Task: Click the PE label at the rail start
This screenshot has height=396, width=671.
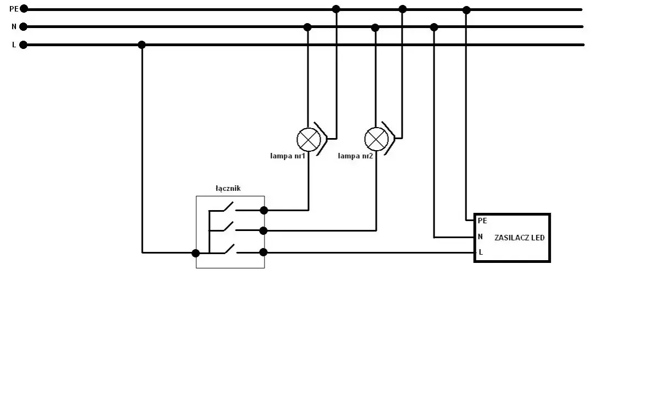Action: tap(14, 9)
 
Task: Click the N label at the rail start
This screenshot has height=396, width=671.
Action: tap(14, 26)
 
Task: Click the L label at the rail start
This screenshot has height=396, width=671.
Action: tap(14, 45)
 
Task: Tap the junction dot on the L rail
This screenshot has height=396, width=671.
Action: tap(142, 45)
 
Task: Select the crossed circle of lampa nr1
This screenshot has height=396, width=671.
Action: tap(309, 140)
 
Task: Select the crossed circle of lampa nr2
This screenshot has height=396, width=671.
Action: tap(376, 139)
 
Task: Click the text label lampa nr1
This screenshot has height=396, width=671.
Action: tap(288, 156)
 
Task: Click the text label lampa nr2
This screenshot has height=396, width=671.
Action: tap(355, 156)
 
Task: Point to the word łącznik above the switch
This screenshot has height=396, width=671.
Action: tap(228, 189)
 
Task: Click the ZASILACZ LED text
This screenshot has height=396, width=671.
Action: tap(519, 238)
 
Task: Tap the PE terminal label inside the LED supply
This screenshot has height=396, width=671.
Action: tap(482, 221)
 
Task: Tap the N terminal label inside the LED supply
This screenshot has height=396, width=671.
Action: tap(480, 237)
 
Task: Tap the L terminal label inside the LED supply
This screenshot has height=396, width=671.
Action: tap(481, 252)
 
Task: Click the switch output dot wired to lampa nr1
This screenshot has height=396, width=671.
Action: tap(263, 210)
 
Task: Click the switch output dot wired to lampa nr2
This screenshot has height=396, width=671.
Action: tap(263, 230)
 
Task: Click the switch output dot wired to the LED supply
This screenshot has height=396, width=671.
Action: tap(263, 252)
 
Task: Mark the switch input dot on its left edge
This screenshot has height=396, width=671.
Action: tap(196, 253)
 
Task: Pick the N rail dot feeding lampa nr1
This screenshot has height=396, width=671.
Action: tap(307, 28)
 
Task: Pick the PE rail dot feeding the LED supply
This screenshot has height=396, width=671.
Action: tap(466, 10)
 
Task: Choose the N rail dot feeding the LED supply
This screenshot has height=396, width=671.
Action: tap(434, 28)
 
